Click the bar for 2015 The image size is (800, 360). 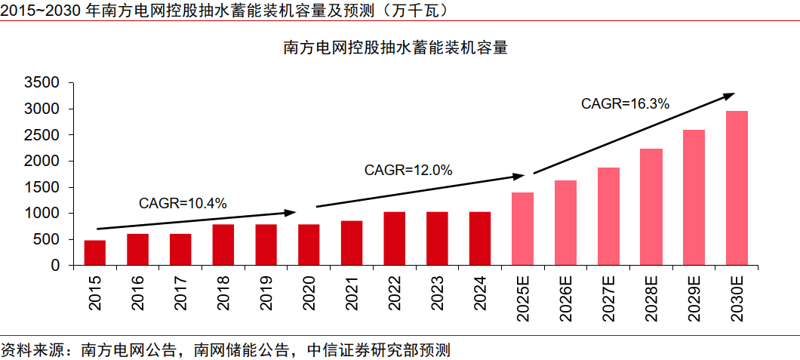[94, 253]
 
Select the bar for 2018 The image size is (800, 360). [223, 245]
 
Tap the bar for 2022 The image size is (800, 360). [394, 238]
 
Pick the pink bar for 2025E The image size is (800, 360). [522, 229]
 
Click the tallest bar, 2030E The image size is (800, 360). [737, 189]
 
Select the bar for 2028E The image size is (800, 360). [651, 207]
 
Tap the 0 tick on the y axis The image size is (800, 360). [54, 266]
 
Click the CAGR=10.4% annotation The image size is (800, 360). [183, 202]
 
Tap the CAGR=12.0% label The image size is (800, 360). [408, 171]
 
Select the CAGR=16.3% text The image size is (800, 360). [625, 104]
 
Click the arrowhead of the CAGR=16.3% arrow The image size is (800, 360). [730, 95]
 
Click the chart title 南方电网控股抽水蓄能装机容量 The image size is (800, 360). [395, 48]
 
